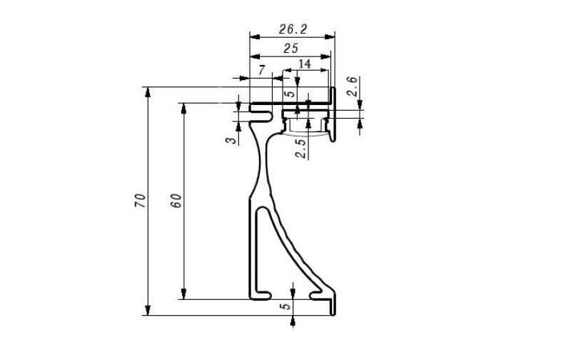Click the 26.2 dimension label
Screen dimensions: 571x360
point(293,29)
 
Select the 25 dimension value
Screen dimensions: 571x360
point(291,49)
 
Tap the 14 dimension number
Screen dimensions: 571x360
point(305,64)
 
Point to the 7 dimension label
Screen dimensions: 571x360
point(262,70)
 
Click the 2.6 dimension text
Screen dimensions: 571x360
point(352,86)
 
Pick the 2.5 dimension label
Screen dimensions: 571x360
point(300,149)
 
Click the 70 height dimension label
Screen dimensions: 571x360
point(140,201)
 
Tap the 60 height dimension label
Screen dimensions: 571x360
point(176,201)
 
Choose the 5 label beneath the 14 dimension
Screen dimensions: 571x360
point(290,94)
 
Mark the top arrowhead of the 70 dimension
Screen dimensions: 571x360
point(148,92)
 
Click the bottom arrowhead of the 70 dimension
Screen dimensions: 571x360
point(148,310)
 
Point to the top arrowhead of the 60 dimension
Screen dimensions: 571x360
point(184,109)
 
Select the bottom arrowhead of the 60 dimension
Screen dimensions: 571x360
point(184,294)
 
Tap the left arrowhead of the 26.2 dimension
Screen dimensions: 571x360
point(255,37)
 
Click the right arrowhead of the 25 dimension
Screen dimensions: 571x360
point(325,56)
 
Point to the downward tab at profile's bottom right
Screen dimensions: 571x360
point(333,306)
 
